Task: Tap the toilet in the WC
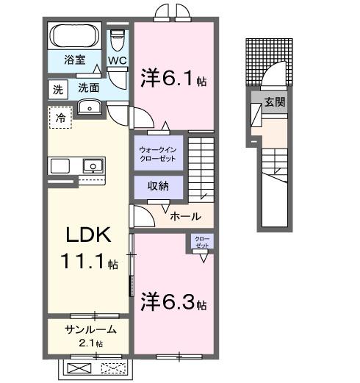coord(118,37)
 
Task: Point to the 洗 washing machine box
coord(57,89)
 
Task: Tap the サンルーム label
coord(87,329)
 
